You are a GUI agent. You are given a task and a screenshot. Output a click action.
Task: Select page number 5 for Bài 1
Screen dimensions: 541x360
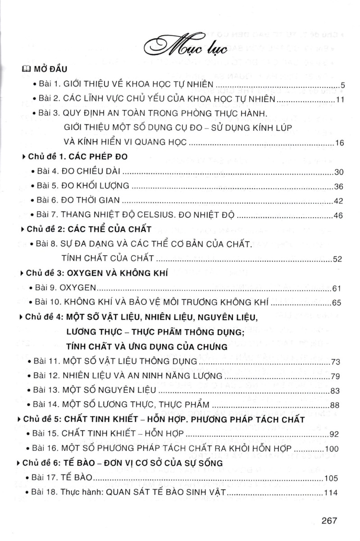(x=342, y=85)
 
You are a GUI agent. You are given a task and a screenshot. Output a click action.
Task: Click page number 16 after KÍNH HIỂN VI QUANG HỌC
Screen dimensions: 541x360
(x=339, y=143)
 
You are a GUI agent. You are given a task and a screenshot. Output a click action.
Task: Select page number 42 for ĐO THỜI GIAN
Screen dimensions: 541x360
(x=339, y=201)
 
